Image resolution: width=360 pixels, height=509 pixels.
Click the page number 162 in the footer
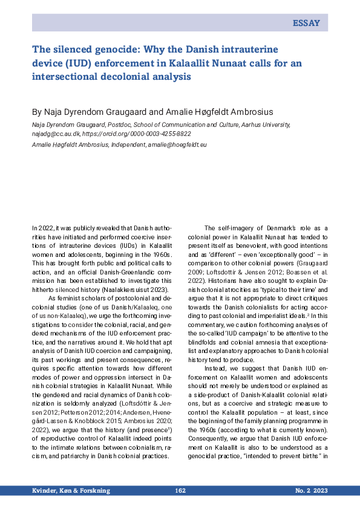(x=180, y=491)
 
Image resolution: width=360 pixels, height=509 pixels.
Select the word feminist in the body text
(x=65, y=298)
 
